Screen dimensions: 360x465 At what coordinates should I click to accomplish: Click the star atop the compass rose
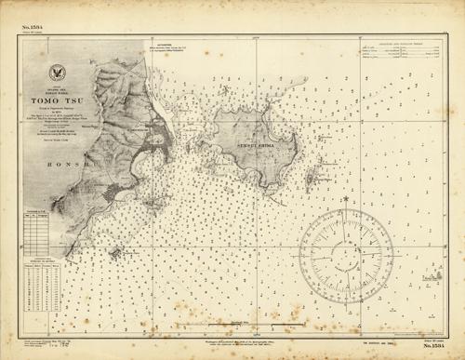tap(345, 199)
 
